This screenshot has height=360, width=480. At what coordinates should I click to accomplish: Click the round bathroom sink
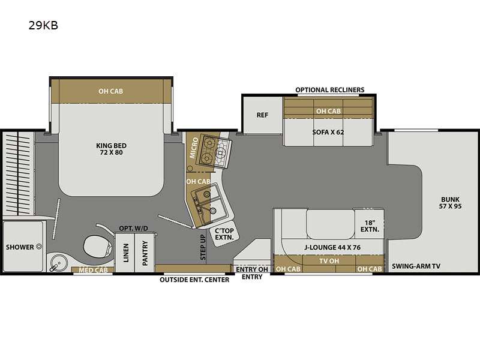[58, 260]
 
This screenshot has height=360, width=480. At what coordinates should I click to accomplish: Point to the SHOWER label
[20, 247]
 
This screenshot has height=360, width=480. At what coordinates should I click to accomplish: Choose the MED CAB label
[92, 269]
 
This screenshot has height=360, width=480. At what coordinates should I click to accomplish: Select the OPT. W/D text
[133, 229]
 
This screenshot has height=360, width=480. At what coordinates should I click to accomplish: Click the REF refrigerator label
[262, 115]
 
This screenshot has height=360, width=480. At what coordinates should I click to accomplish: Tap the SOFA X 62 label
[328, 131]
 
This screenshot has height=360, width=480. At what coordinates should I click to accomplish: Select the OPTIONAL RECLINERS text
[329, 90]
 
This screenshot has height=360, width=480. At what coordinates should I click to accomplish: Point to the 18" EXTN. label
[368, 225]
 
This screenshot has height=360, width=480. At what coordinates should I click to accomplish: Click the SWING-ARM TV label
[416, 266]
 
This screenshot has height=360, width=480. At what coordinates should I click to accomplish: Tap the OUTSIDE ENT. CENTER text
[194, 280]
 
